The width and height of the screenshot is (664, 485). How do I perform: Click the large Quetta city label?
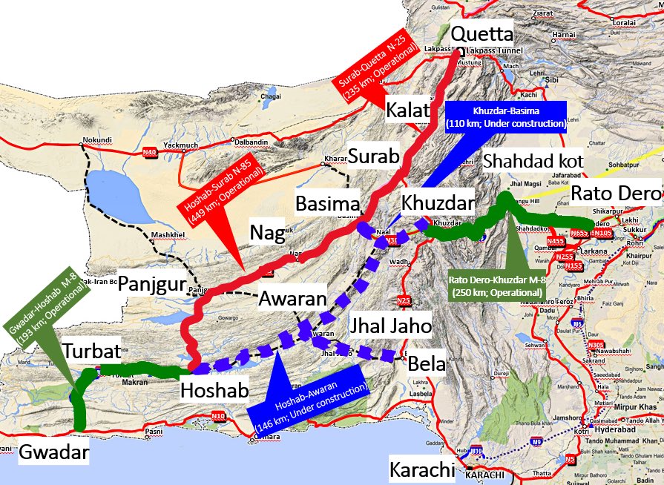click(x=481, y=34)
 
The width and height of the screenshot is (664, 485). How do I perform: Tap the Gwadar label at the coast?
click(x=54, y=452)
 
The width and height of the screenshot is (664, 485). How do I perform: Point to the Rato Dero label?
click(x=615, y=194)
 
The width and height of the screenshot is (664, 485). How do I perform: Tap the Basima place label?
click(x=327, y=202)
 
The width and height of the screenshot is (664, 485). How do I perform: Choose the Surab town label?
click(x=373, y=156)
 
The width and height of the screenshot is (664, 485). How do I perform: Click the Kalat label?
click(x=408, y=110)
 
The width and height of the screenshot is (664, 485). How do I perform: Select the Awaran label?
click(x=292, y=300)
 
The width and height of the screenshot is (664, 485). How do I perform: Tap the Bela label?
click(x=426, y=364)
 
